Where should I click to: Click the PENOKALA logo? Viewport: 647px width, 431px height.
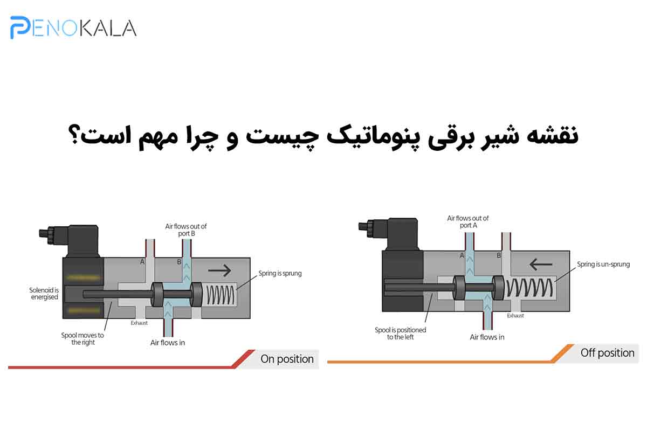tap(73, 27)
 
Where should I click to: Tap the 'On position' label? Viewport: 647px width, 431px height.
tap(287, 359)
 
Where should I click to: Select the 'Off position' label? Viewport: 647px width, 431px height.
tap(608, 353)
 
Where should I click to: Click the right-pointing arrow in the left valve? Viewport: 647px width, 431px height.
tap(219, 270)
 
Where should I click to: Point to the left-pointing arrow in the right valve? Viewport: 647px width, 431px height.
tap(541, 264)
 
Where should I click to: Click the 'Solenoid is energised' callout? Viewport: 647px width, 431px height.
tap(44, 293)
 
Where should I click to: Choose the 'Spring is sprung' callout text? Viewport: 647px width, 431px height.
tap(280, 273)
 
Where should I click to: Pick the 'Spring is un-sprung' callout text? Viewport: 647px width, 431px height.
tap(603, 264)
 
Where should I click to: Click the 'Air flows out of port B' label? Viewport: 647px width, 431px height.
tap(186, 230)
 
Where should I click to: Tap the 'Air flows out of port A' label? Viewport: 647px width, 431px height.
tap(468, 222)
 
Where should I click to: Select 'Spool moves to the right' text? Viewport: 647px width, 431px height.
tap(82, 339)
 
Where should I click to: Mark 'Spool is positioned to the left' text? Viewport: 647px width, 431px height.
tap(400, 333)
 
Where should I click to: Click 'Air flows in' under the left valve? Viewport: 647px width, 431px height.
tap(168, 343)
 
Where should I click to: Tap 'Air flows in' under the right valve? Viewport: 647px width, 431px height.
tap(487, 337)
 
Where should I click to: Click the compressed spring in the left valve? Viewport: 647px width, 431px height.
tap(221, 295)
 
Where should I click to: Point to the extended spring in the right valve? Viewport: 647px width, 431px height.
tap(529, 288)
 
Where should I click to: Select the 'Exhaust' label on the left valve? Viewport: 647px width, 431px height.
tap(139, 323)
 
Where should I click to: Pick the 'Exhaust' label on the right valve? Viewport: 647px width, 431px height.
tap(515, 316)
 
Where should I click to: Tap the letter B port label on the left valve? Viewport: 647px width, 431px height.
tap(179, 262)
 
